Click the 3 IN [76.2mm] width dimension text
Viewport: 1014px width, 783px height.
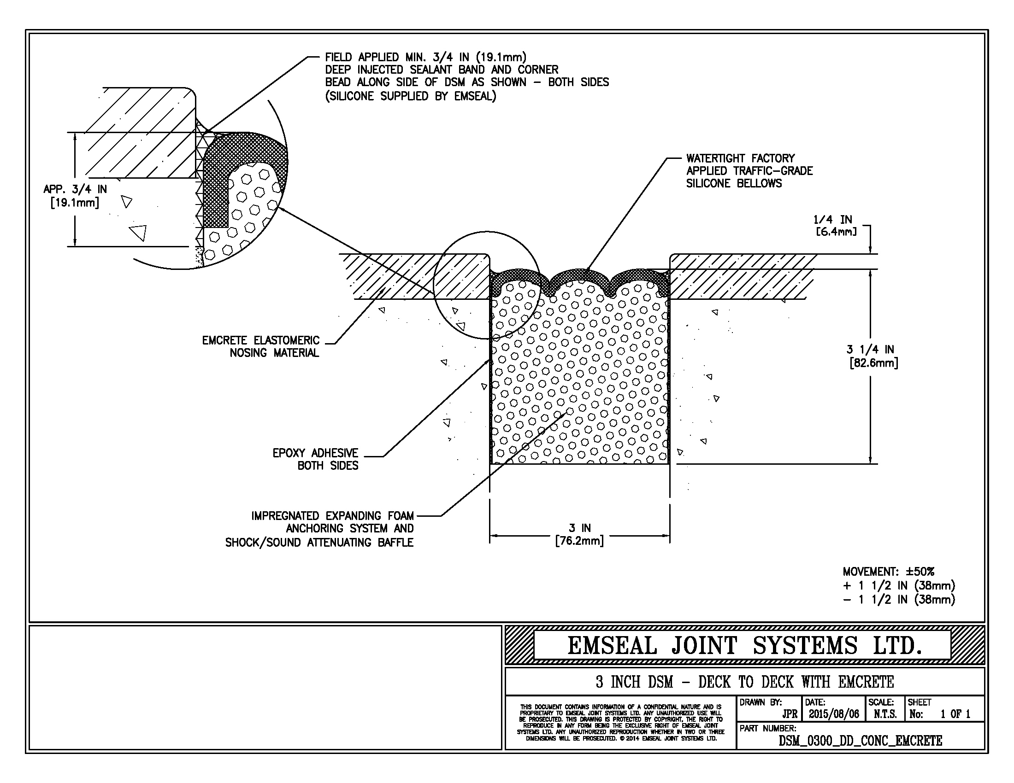pyautogui.click(x=579, y=534)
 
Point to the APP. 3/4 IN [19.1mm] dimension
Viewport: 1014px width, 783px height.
pyautogui.click(x=75, y=196)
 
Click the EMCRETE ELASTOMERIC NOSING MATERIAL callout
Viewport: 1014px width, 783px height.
pyautogui.click(x=261, y=346)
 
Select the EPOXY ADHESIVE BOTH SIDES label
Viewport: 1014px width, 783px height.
pyautogui.click(x=316, y=459)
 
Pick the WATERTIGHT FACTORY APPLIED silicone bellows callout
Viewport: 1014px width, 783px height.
pyautogui.click(x=749, y=171)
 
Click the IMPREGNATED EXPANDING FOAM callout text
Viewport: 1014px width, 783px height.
pyautogui.click(x=319, y=529)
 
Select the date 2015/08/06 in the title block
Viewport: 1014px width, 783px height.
pyautogui.click(x=834, y=714)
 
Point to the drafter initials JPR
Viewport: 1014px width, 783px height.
pyautogui.click(x=790, y=714)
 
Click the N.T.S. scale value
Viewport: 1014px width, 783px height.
pyautogui.click(x=885, y=714)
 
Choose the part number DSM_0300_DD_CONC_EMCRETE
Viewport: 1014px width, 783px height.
pyautogui.click(x=861, y=741)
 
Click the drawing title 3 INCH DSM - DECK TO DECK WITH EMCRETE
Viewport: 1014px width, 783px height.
pyautogui.click(x=745, y=682)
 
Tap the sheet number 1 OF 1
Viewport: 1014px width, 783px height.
pyautogui.click(x=955, y=714)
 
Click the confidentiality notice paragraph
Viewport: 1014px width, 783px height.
pyautogui.click(x=621, y=723)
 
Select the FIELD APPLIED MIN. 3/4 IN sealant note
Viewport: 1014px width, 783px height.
pyautogui.click(x=466, y=76)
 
